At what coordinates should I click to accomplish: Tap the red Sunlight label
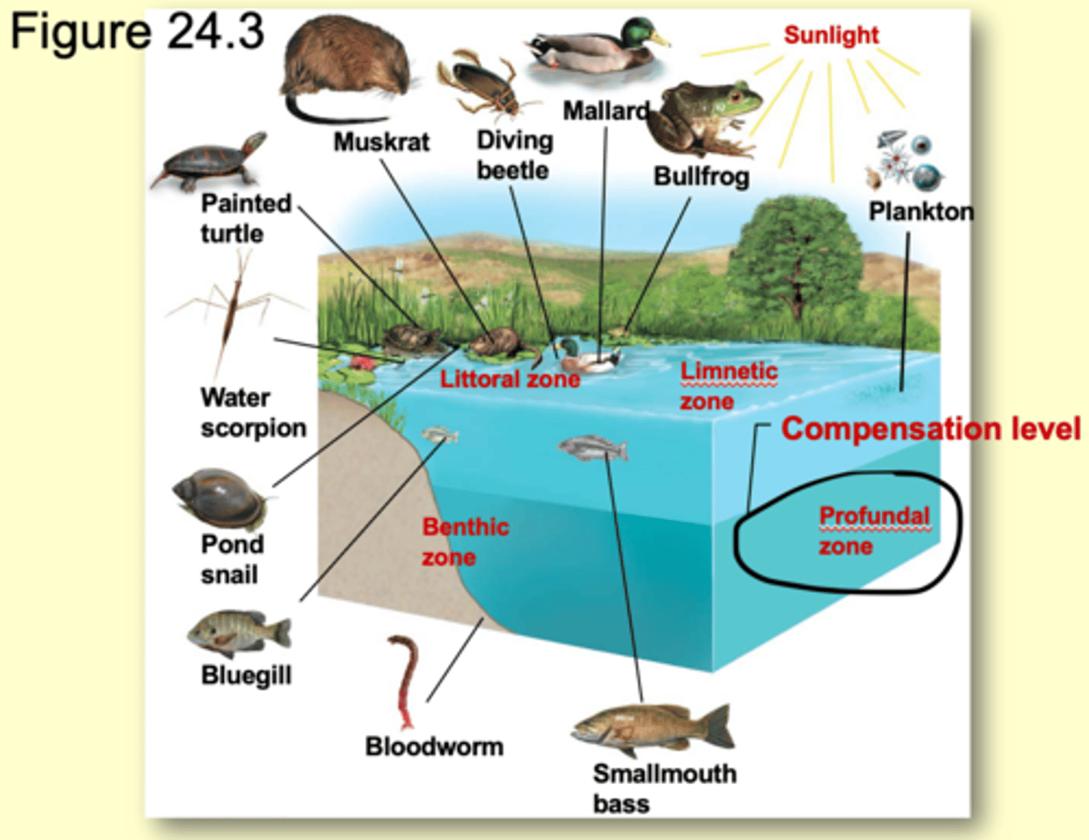click(831, 35)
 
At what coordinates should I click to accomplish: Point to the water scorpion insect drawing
click(231, 310)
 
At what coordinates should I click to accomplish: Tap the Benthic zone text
click(464, 541)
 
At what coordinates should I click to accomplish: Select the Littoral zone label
click(510, 379)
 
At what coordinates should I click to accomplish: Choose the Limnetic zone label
click(728, 386)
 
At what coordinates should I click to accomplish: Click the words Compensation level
click(930, 429)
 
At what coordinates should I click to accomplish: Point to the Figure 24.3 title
click(137, 32)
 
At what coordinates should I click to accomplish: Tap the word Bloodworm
click(434, 746)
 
